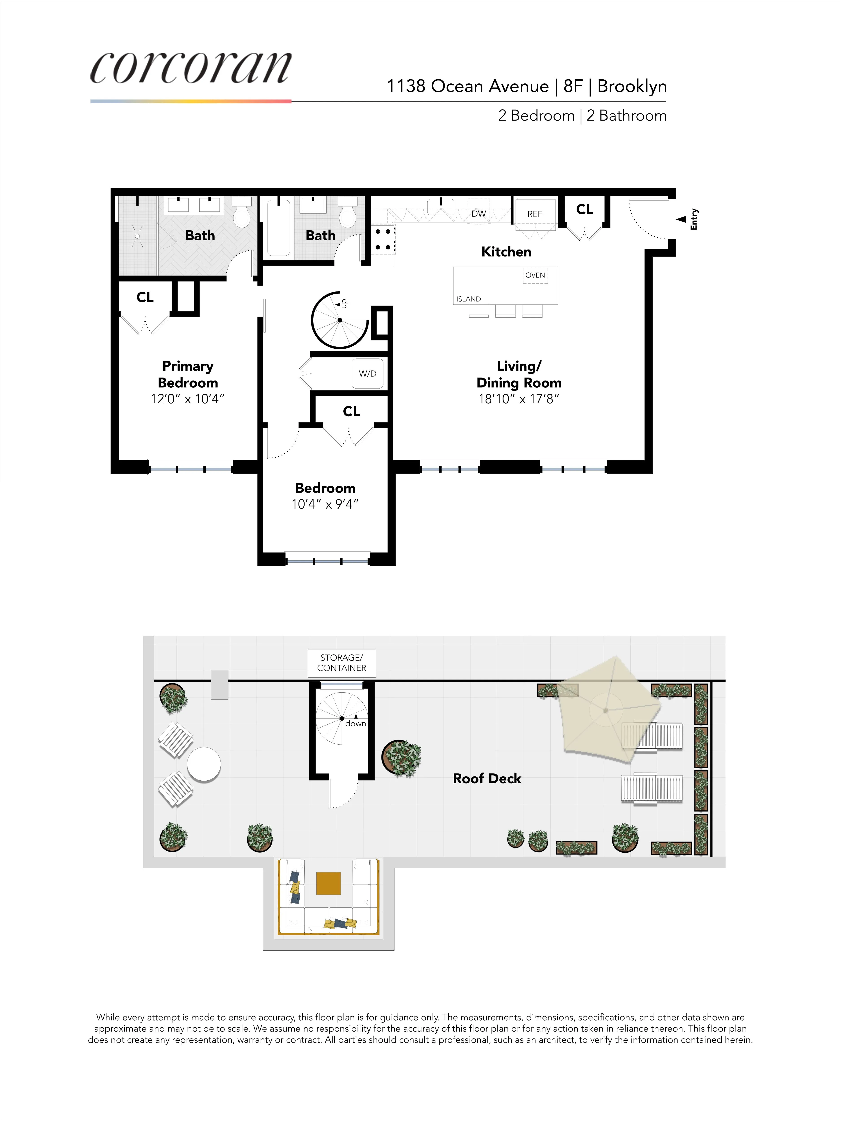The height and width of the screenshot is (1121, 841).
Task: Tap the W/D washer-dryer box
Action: pos(368,374)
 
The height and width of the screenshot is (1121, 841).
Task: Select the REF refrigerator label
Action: pos(535,214)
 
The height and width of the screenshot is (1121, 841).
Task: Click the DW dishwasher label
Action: pos(479,213)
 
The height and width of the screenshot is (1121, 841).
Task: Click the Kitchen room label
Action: pos(506,252)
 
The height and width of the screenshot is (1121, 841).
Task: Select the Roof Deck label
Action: pos(487,778)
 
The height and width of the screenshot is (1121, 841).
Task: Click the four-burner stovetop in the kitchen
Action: pos(383,239)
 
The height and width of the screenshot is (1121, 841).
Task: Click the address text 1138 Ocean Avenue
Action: pos(467,87)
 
